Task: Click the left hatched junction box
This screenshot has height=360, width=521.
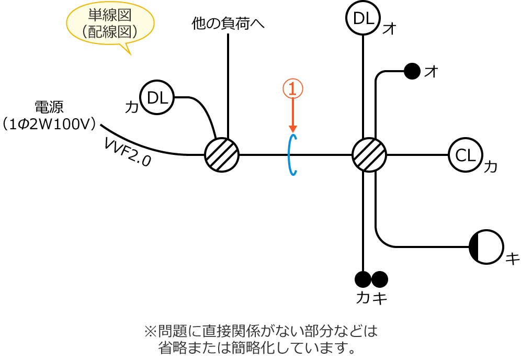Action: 222,155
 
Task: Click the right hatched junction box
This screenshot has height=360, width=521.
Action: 369,155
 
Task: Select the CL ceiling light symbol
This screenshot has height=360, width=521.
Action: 465,155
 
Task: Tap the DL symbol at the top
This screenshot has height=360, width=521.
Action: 363,18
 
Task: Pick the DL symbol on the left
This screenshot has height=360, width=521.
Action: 157,97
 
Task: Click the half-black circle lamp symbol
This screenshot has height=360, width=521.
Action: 486,247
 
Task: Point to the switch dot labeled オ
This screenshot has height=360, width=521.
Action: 412,71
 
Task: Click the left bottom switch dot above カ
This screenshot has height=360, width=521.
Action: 363,279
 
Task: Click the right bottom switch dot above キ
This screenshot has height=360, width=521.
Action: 380,279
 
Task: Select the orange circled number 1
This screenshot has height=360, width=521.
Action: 293,88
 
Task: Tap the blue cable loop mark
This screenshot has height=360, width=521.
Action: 293,155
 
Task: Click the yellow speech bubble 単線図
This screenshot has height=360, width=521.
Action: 110,24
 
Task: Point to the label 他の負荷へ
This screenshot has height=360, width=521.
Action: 228,24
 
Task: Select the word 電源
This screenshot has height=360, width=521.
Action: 49,107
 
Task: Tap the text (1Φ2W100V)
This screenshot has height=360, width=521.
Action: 49,124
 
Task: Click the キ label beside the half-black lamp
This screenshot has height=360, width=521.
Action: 512,258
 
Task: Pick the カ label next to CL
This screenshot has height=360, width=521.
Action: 490,167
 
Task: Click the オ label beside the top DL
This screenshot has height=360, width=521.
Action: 389,28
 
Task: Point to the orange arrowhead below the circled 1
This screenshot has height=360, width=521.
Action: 293,129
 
